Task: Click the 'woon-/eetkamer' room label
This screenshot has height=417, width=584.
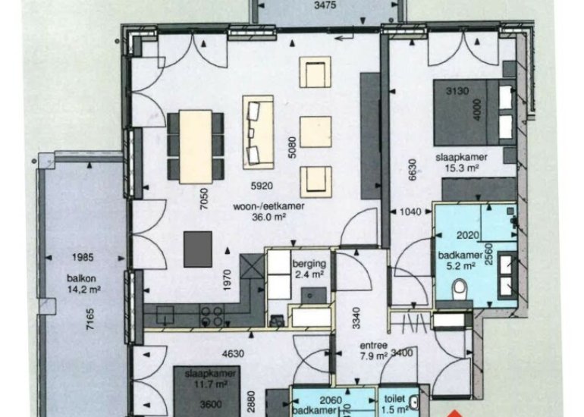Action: (268, 206)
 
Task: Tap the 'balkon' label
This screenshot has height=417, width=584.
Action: (82, 278)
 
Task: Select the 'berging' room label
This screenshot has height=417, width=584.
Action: (309, 264)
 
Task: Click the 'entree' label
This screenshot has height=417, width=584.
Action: (374, 346)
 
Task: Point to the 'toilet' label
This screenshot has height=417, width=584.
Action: (394, 399)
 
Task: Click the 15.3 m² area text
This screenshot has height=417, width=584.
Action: (462, 168)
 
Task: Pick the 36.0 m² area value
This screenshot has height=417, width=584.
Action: (268, 217)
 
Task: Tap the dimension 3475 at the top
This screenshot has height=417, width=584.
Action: (325, 5)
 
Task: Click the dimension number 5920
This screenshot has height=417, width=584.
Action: (262, 186)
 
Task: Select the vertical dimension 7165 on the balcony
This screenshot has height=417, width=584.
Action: (90, 318)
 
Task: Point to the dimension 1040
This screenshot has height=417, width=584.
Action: (410, 212)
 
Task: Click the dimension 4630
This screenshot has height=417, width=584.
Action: (233, 353)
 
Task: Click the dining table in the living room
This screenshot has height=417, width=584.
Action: (196, 146)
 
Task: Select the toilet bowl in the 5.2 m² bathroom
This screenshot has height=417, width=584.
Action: (460, 289)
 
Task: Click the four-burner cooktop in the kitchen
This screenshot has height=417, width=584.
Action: (212, 315)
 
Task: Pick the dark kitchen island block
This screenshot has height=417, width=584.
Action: (198, 249)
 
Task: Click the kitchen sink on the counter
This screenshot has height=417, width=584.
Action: (165, 315)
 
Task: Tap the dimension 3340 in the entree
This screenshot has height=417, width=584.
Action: (356, 318)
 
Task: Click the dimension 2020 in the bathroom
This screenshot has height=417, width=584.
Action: (468, 235)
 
